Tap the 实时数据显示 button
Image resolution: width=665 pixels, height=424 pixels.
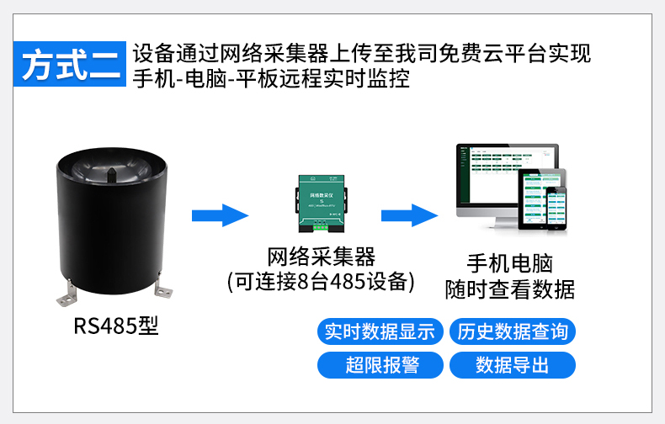380,331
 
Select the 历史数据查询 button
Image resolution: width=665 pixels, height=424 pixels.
513,331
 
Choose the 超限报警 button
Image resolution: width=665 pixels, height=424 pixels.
380,364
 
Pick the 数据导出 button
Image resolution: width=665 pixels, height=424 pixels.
513,364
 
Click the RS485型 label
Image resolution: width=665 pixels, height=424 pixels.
115,326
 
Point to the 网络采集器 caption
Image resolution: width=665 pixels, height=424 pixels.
321,257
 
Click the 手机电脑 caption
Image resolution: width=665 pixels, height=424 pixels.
509,262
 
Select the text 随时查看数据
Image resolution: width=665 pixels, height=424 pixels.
509,290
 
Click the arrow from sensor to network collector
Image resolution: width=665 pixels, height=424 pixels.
220,216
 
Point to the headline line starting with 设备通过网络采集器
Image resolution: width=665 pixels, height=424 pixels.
362,54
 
